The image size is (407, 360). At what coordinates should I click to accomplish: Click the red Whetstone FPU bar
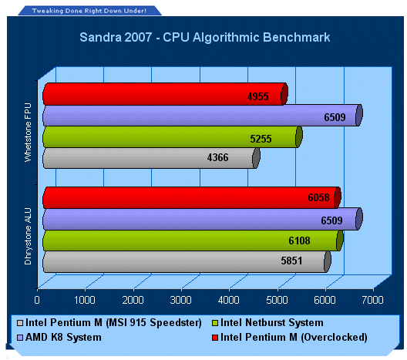pyautogui.click(x=165, y=94)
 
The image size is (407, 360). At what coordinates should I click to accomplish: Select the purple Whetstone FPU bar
pyautogui.click(x=203, y=115)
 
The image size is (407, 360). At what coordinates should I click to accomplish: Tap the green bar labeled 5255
pyautogui.click(x=173, y=136)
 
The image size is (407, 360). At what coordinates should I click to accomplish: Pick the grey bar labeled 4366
pyautogui.click(x=151, y=158)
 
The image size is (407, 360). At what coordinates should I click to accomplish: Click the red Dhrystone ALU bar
pyautogui.click(x=192, y=197)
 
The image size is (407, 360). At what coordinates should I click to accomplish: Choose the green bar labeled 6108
pyautogui.click(x=193, y=241)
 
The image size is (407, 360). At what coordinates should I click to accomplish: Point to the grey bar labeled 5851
pyautogui.click(x=187, y=261)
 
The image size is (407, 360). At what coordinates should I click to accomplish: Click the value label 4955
pyautogui.click(x=257, y=96)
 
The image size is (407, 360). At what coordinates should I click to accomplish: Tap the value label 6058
pyautogui.click(x=318, y=197)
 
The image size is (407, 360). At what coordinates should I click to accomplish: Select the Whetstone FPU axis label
pyautogui.click(x=28, y=133)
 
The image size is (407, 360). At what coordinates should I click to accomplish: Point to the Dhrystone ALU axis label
pyautogui.click(x=28, y=236)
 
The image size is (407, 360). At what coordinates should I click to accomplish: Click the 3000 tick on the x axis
pyautogui.click(x=180, y=300)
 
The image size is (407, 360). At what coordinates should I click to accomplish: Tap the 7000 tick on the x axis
pyautogui.click(x=372, y=300)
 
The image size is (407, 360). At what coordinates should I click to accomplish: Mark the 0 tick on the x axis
pyautogui.click(x=37, y=300)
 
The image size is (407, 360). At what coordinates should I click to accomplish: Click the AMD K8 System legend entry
pyautogui.click(x=59, y=337)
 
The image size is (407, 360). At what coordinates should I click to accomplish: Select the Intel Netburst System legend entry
pyautogui.click(x=267, y=323)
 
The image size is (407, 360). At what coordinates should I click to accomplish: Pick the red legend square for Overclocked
pyautogui.click(x=214, y=338)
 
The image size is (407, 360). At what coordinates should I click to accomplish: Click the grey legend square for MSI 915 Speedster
pyautogui.click(x=20, y=323)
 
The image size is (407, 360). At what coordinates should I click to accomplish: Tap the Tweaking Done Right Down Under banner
pyautogui.click(x=89, y=11)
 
